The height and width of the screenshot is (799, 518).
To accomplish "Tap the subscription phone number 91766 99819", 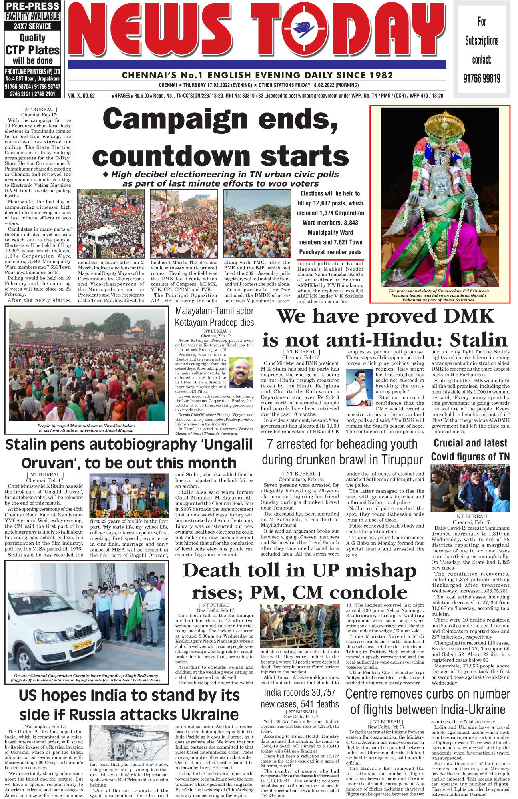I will click(482, 78).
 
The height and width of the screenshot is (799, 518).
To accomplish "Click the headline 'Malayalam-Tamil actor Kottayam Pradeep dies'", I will click(214, 317).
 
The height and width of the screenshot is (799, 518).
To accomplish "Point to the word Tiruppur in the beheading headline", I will click(402, 460).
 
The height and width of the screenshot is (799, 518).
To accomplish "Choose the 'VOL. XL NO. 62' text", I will click(81, 96).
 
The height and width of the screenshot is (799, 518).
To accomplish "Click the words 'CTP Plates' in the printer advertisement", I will click(32, 50).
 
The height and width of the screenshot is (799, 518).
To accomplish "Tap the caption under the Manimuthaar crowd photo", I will click(86, 428).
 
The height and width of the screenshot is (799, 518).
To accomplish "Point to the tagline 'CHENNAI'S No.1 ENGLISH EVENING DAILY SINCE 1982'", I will click(257, 75).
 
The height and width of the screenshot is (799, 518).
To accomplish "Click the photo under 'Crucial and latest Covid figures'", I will click(470, 488).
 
